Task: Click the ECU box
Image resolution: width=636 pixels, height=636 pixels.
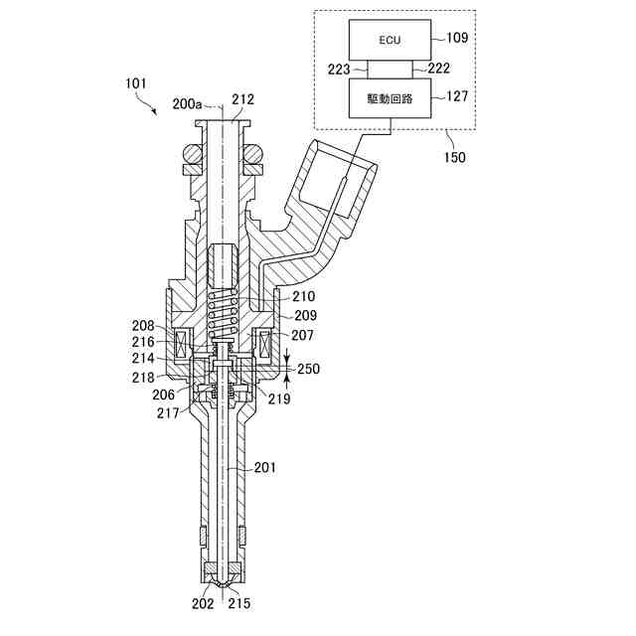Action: click(x=390, y=40)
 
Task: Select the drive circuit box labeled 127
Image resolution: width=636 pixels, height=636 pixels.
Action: click(x=390, y=98)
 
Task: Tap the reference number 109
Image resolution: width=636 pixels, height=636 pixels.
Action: click(x=457, y=38)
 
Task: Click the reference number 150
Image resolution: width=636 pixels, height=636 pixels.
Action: click(x=454, y=157)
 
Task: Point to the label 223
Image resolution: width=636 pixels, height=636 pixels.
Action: click(x=339, y=70)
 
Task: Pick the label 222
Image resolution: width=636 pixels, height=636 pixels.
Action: click(x=439, y=68)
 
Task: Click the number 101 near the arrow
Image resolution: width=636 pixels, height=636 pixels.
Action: click(x=135, y=83)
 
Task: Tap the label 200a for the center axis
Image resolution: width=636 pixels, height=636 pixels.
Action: click(x=187, y=103)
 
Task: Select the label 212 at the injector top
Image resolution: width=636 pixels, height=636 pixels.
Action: click(x=242, y=99)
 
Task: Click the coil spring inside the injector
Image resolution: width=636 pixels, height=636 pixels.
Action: click(x=223, y=314)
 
